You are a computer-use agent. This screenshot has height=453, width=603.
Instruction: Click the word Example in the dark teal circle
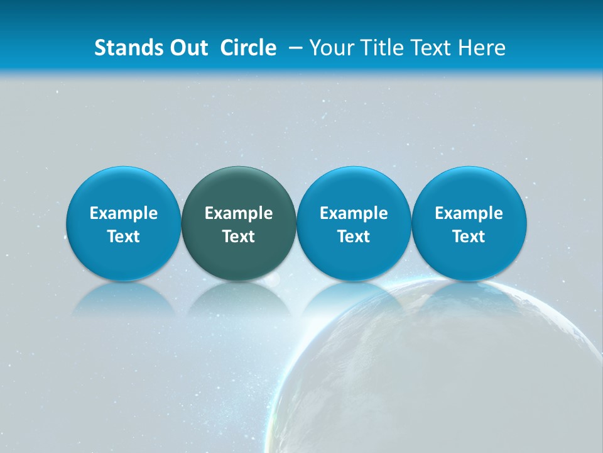pos(239,213)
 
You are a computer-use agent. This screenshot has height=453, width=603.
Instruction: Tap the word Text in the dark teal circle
pos(239,237)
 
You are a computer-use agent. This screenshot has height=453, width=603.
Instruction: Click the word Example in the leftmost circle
pos(124,213)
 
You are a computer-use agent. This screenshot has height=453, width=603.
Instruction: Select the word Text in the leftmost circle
pos(124,237)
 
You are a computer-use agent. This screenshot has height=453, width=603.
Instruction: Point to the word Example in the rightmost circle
pos(469,213)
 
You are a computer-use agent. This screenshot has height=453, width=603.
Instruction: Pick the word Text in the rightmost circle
pos(469,237)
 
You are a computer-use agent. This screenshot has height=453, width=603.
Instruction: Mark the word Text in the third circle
pos(354,237)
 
